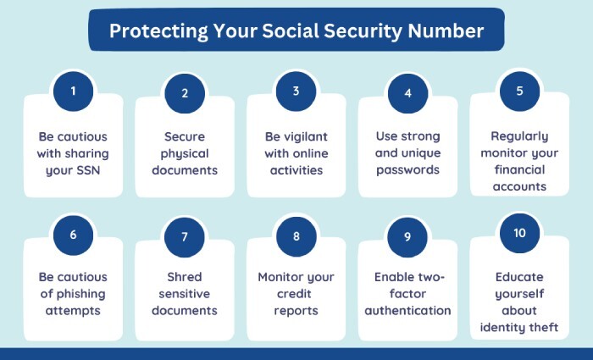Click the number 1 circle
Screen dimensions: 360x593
coord(74,91)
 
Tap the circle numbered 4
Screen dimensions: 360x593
coord(407,92)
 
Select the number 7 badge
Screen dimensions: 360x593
coord(185,237)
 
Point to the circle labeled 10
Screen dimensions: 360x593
coord(518,234)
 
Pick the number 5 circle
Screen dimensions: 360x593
coord(518,90)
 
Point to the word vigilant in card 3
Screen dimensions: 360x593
coord(308,136)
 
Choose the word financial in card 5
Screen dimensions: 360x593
coord(519,169)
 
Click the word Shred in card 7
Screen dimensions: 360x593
coord(184,277)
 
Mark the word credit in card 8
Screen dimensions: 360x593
coord(296,294)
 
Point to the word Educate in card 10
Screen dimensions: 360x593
coord(519,277)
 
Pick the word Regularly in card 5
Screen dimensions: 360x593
coord(519,136)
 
